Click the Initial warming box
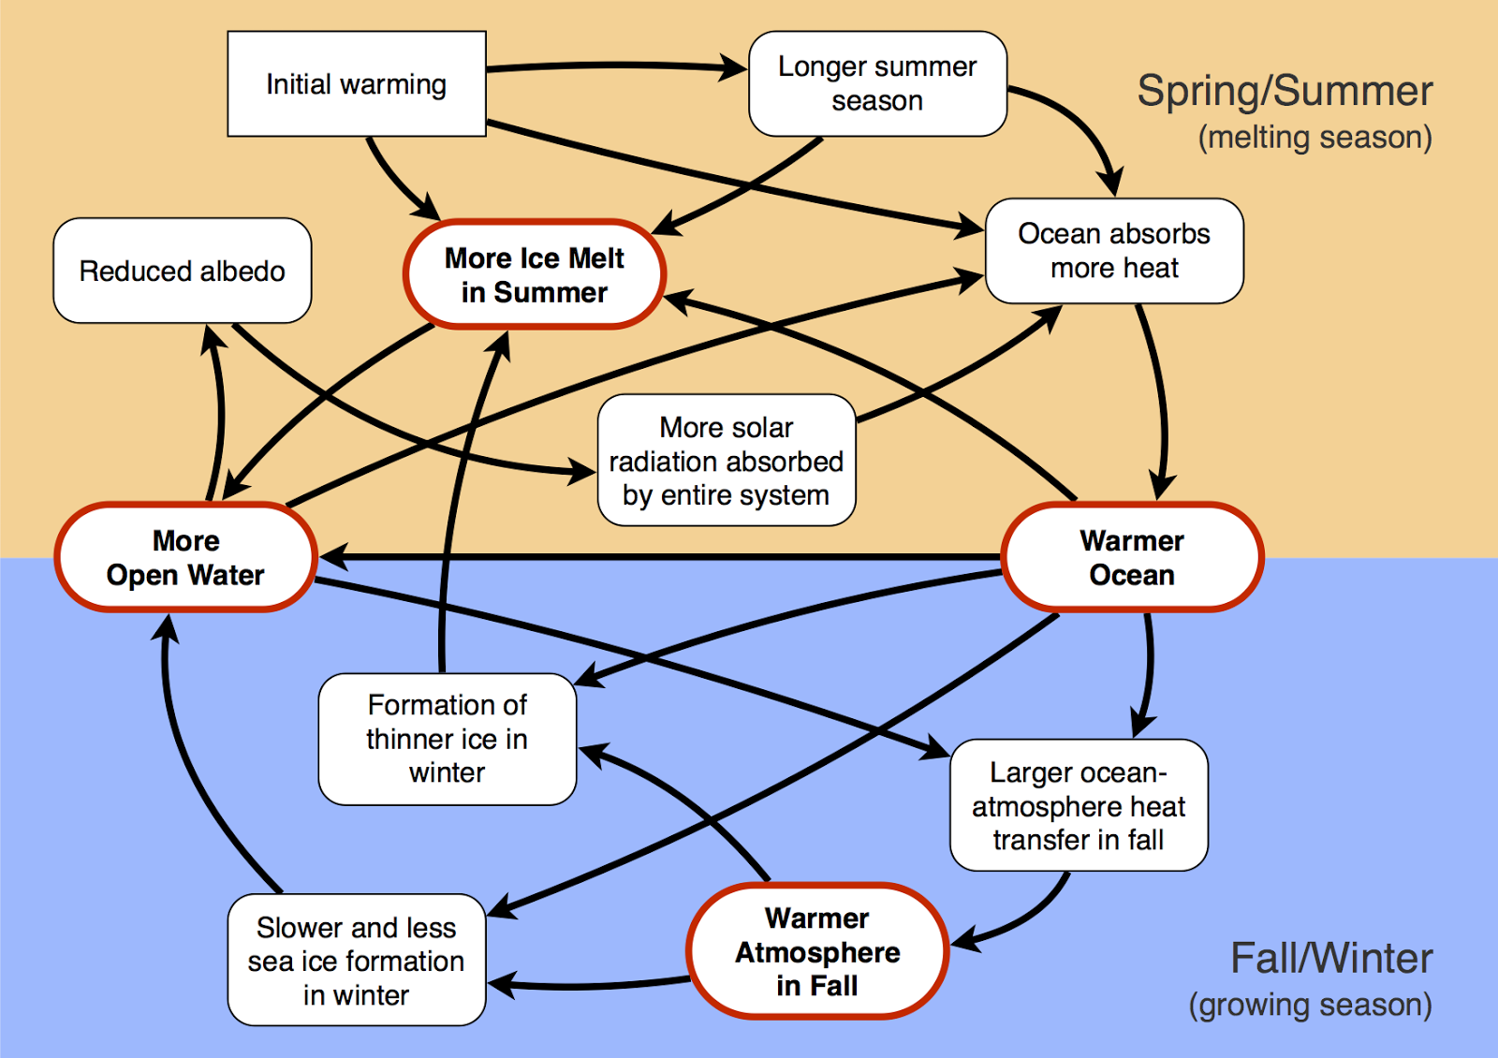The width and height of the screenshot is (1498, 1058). pos(357,84)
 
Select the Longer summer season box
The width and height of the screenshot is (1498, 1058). pos(877,84)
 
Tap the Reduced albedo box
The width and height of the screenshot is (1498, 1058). pos(183,272)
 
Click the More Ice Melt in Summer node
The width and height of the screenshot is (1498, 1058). pos(535,275)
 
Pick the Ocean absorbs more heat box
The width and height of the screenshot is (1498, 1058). pos(1114,251)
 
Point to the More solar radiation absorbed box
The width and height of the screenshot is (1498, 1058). pos(727,461)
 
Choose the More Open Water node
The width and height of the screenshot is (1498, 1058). pos(185,558)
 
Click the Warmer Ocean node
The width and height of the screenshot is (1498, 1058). pos(1132,558)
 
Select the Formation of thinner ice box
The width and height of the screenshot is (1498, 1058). pos(448,739)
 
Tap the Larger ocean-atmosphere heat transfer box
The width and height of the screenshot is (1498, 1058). pos(1079,806)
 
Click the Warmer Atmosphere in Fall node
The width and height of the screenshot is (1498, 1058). pos(817,951)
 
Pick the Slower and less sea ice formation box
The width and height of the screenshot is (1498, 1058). pos(357,961)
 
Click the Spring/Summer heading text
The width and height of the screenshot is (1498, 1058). pos(1285,92)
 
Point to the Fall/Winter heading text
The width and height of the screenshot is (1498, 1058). pos(1330,959)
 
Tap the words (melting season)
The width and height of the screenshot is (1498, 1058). pos(1314,138)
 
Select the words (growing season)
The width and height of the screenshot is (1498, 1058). pos(1310,1006)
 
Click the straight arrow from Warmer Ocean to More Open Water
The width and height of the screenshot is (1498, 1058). pos(655,558)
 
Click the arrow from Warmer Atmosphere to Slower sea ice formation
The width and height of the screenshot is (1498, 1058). pos(590,986)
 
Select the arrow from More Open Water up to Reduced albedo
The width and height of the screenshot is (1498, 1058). pos(221,412)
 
